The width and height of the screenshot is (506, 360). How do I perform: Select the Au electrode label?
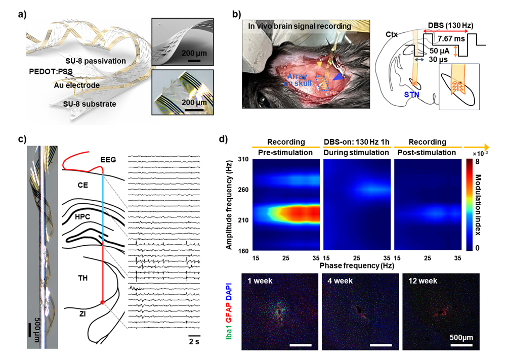click(x=77, y=86)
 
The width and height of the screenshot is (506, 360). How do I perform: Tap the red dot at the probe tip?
click(x=103, y=302)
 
